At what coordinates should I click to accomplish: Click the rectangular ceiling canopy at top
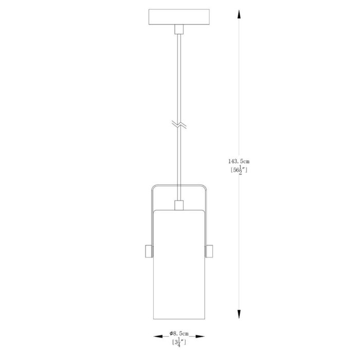pos(179,17)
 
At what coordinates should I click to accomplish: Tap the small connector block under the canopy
pos(179,29)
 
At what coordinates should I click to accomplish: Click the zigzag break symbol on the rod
pos(179,124)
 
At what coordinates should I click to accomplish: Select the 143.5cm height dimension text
pos(239,161)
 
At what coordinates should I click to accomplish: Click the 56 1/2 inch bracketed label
pos(239,170)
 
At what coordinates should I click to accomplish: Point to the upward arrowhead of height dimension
pos(239,14)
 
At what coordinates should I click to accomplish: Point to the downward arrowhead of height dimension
pos(239,314)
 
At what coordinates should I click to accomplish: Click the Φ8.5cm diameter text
pos(179,333)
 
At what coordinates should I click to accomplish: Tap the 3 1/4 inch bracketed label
pos(179,343)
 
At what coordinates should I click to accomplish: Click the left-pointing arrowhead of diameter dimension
pos(158,336)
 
